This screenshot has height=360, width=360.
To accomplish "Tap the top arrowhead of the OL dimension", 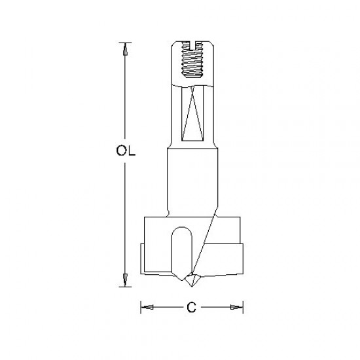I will [122, 50].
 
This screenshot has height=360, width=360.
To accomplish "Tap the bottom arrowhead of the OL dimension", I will [122, 280].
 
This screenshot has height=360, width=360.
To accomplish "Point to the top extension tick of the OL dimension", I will [122, 43].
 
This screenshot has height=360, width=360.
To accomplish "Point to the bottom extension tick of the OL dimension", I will [122, 286].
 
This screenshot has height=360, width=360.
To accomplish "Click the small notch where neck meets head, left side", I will [168, 213].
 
